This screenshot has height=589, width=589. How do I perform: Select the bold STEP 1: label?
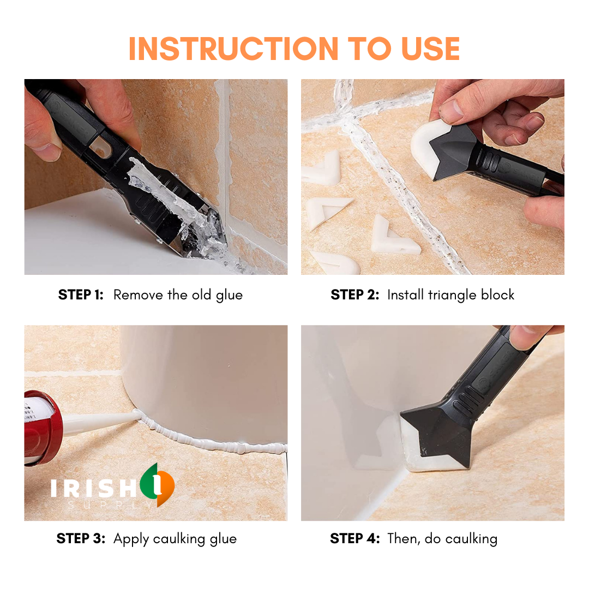[81, 295]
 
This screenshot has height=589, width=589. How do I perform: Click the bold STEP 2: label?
[354, 295]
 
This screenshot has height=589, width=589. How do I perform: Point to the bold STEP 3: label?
[81, 539]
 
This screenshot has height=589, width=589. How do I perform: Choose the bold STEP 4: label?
[354, 539]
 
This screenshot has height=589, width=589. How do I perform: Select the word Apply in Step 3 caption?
[131, 539]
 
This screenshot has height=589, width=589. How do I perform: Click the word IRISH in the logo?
[93, 487]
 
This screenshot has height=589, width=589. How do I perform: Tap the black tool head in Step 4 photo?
[436, 431]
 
